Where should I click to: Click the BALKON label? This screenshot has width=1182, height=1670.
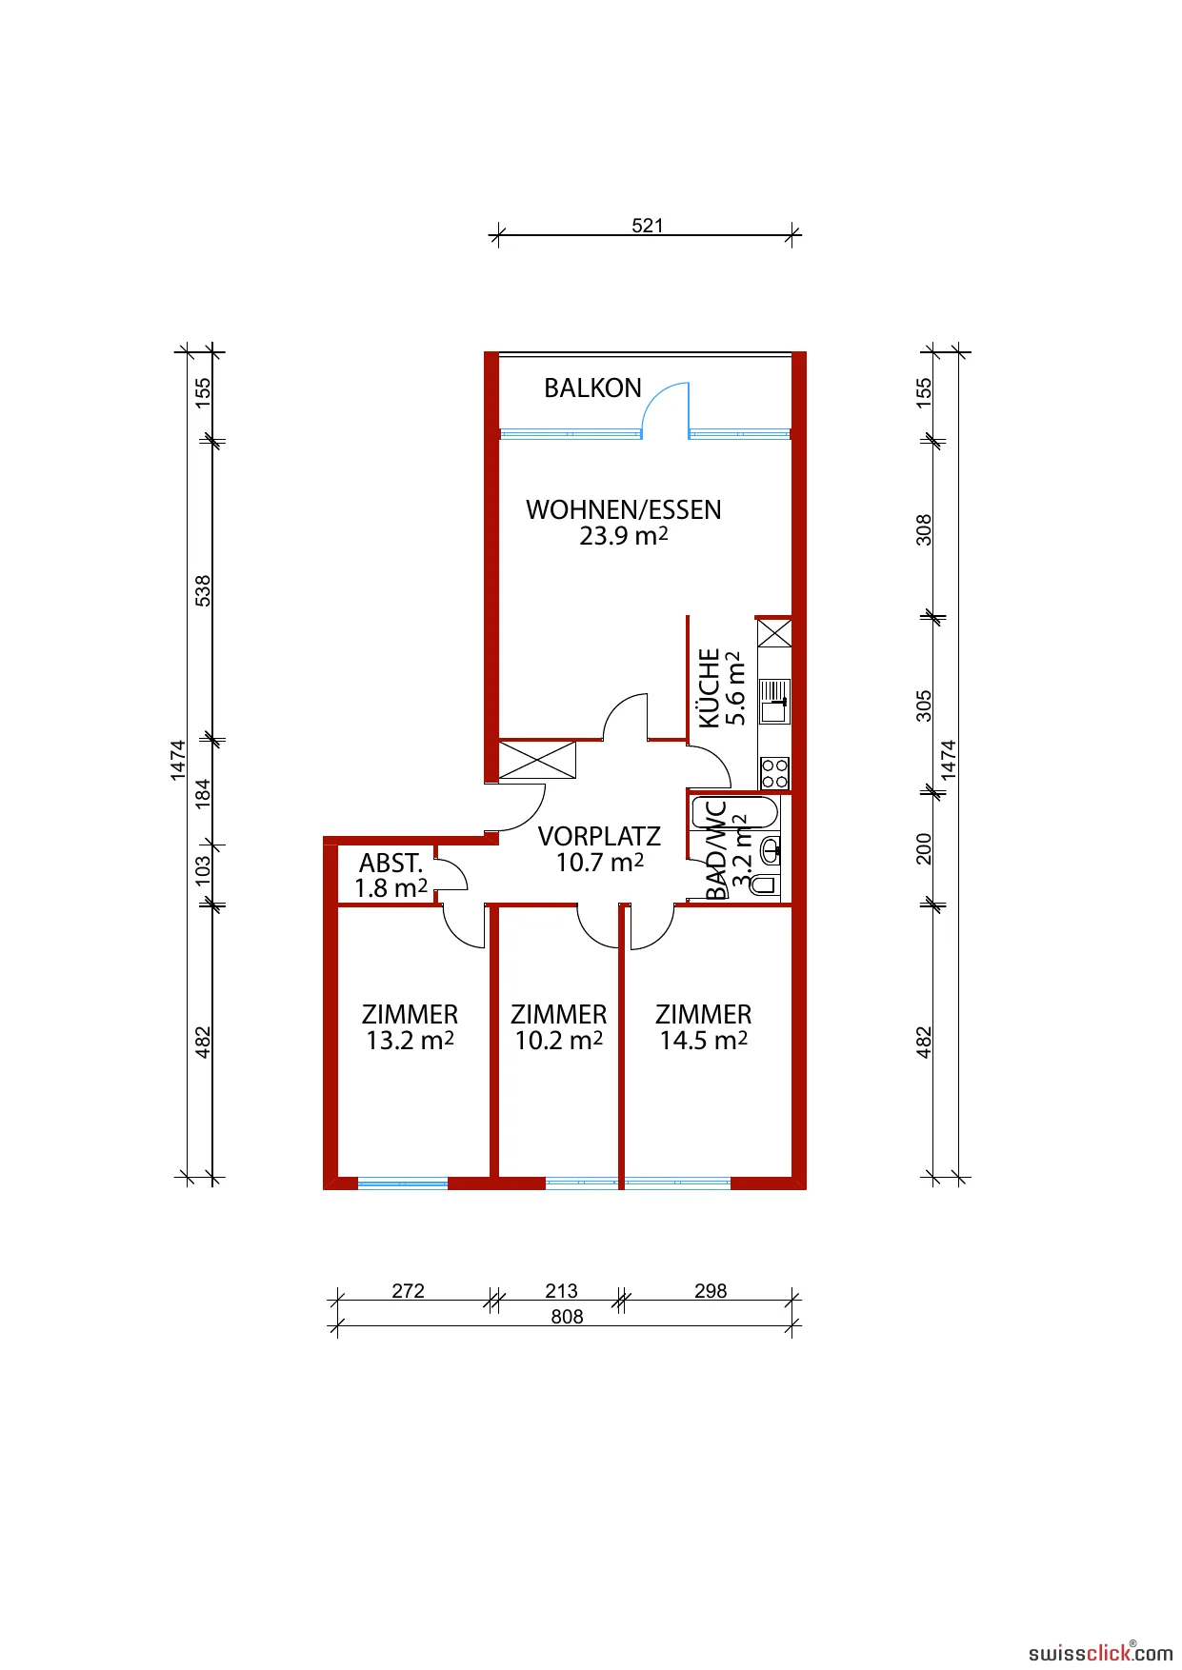(592, 388)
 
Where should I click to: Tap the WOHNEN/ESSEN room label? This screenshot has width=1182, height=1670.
(624, 510)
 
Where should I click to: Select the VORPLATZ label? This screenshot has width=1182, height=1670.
(599, 837)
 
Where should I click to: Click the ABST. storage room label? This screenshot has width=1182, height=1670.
(391, 864)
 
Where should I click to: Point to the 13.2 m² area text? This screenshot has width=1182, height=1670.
(410, 1041)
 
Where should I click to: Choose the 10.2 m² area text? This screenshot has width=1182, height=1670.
(559, 1041)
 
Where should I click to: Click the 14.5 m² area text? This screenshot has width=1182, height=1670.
(704, 1041)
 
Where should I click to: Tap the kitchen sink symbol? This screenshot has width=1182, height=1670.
(774, 701)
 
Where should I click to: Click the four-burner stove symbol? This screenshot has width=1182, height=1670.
(774, 773)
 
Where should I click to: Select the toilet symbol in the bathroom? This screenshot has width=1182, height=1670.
(765, 885)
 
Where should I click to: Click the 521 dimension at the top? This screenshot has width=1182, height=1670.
(648, 226)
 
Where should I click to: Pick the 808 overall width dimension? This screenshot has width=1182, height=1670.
(567, 1317)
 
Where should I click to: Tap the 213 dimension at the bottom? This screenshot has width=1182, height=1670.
(561, 1291)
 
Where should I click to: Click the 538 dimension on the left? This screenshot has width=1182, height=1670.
(203, 590)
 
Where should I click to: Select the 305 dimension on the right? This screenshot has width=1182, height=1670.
(924, 706)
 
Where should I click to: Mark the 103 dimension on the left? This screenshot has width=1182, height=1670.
(203, 871)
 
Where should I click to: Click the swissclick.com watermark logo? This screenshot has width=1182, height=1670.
(1100, 1652)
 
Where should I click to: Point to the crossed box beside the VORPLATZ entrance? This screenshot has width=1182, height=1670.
(537, 761)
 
